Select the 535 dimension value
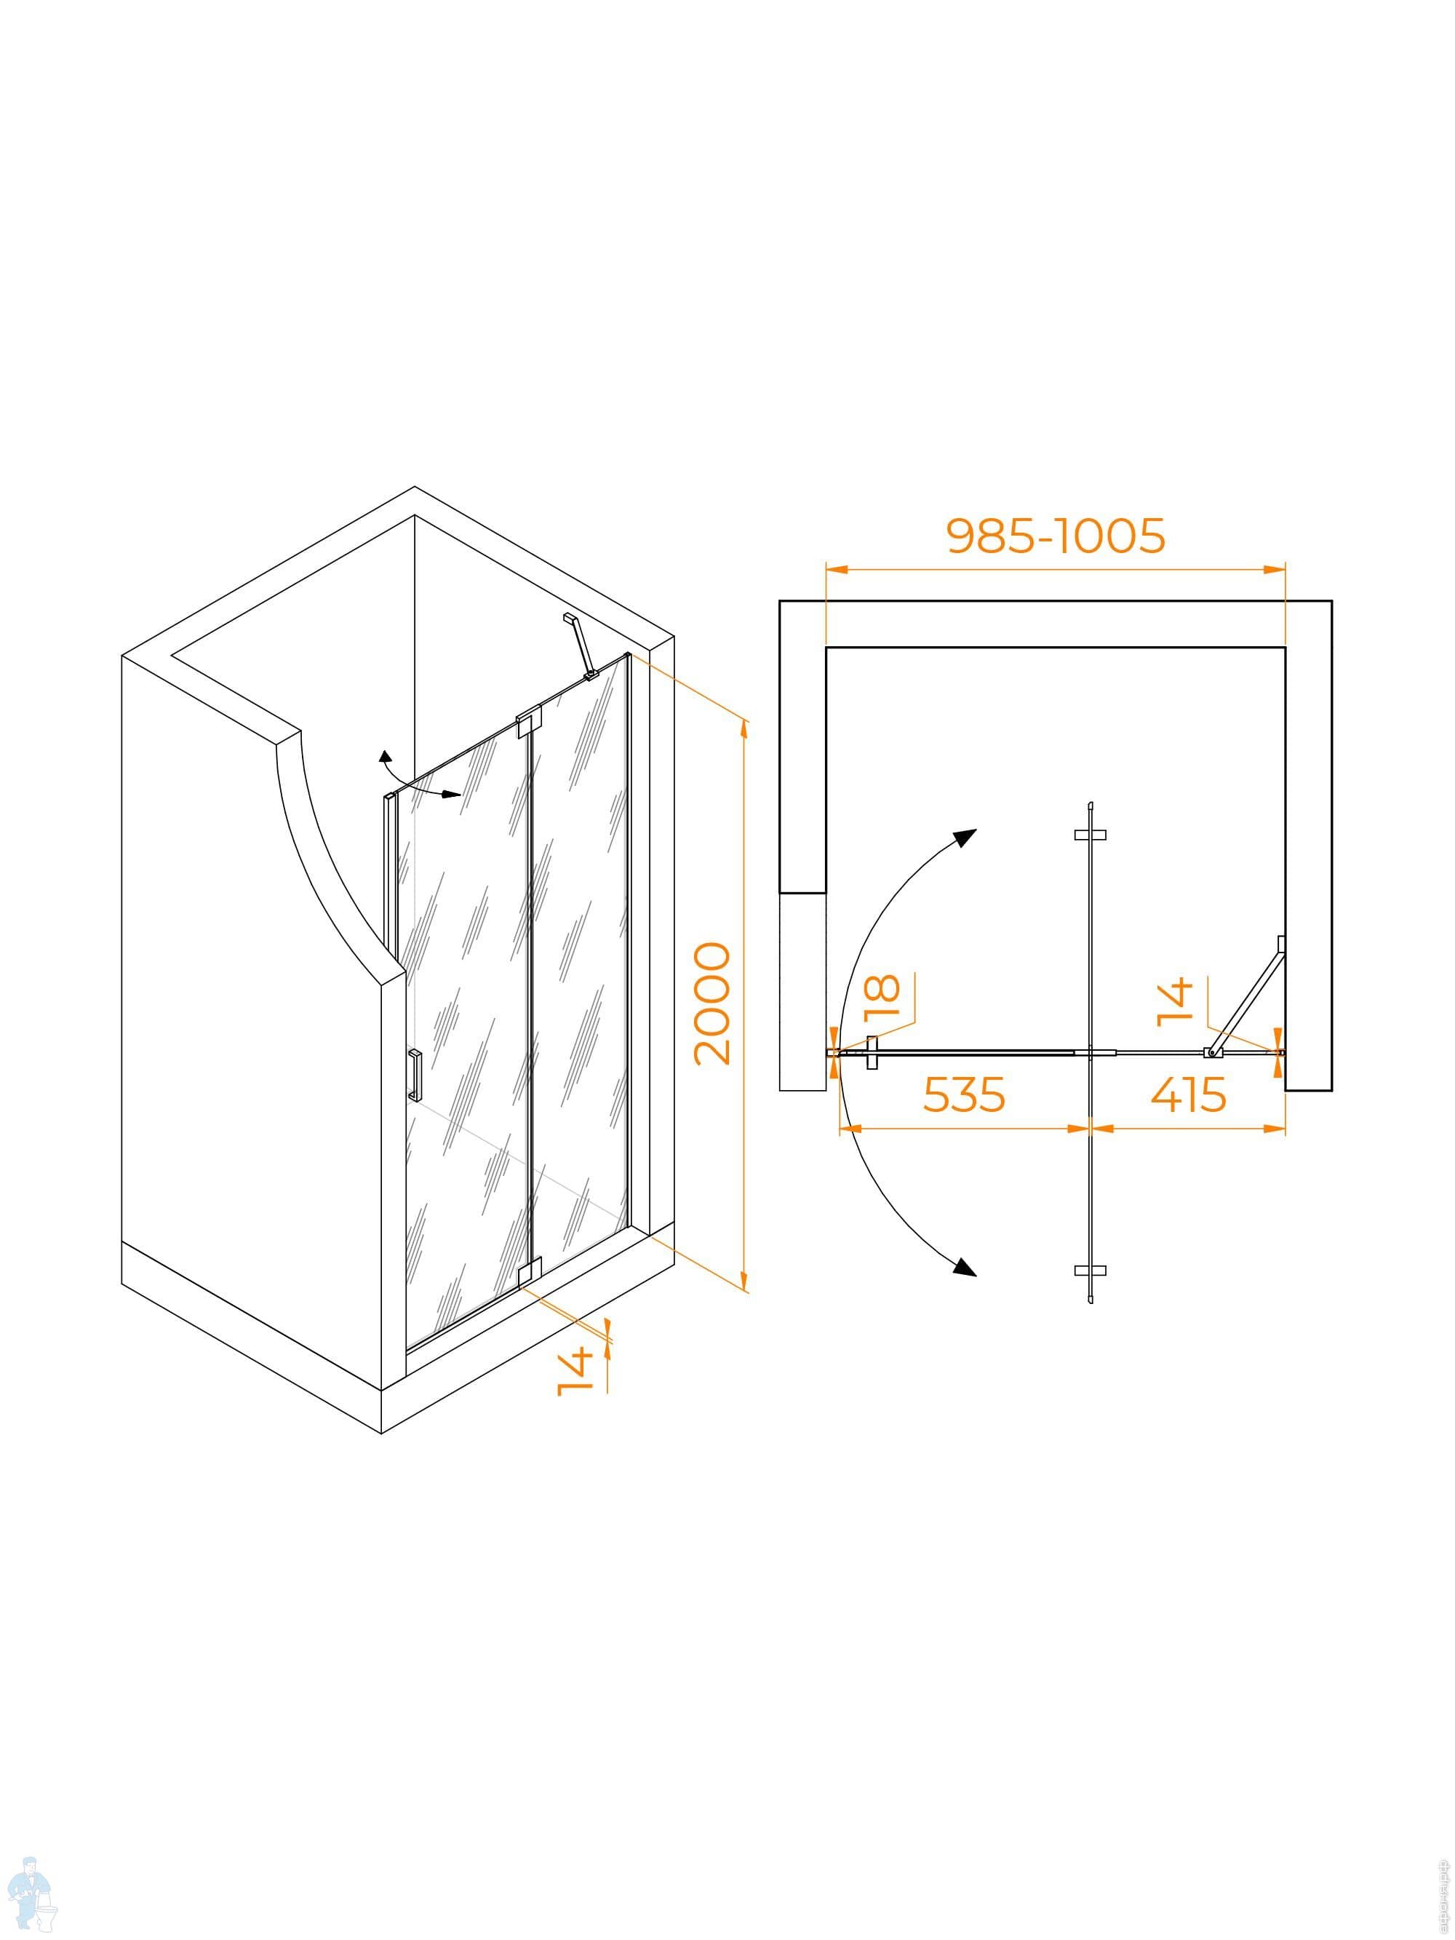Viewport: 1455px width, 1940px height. (x=963, y=1094)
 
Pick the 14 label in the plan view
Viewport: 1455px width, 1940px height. (x=1175, y=1001)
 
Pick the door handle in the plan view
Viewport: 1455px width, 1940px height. (x=871, y=1052)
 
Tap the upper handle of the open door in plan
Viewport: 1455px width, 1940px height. (x=1090, y=835)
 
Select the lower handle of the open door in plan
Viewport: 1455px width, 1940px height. (x=1090, y=1270)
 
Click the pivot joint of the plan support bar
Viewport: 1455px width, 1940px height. (x=1212, y=1052)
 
